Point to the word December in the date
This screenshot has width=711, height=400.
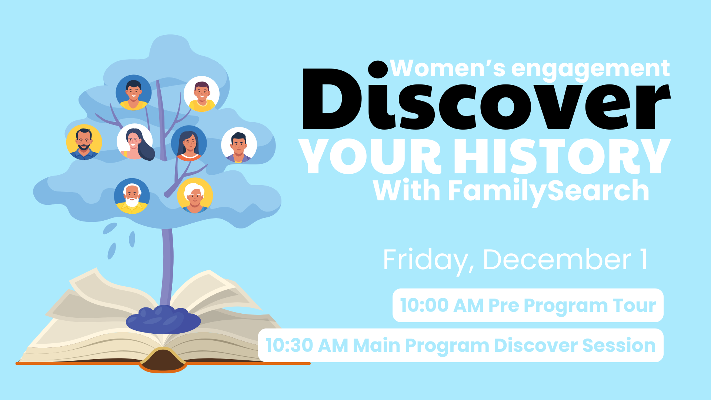point(557,260)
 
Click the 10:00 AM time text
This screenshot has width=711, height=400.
point(424,306)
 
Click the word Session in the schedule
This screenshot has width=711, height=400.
point(618,345)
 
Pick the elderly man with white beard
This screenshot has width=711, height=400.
point(132,196)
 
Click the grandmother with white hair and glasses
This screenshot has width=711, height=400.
point(195,196)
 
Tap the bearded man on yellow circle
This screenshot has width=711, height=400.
point(84,142)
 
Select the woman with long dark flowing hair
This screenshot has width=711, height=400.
point(136,142)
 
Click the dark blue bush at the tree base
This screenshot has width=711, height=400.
point(163,319)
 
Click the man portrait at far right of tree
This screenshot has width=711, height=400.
point(239,145)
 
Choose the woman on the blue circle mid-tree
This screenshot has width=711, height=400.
point(189,143)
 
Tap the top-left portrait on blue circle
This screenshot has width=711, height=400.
point(133,93)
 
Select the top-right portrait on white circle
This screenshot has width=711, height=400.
point(201,94)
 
